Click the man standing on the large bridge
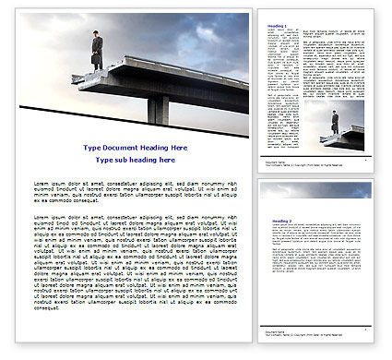click(x=96, y=50)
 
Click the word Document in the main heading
click(x=120, y=148)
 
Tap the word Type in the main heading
click(x=92, y=148)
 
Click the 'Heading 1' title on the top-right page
click(x=275, y=27)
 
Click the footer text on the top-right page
click(x=277, y=162)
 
